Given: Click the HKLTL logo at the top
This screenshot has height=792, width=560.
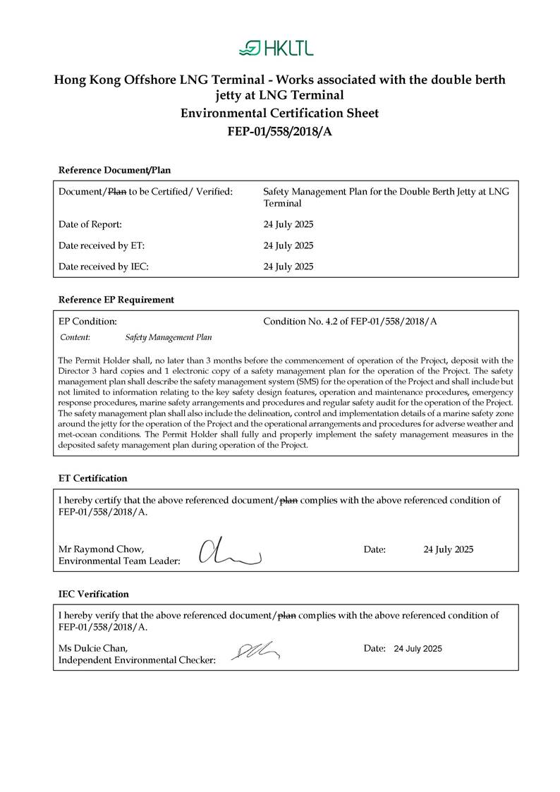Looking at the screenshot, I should (x=276, y=48).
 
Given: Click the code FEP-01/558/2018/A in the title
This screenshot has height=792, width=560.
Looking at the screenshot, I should (x=279, y=131).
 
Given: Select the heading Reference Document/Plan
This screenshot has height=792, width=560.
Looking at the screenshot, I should (x=114, y=170).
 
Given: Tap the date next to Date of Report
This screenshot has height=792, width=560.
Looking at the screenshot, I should (x=288, y=224).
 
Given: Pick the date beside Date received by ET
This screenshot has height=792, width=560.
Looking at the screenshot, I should (x=288, y=245).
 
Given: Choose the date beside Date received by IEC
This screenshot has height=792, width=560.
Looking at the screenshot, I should (x=288, y=267).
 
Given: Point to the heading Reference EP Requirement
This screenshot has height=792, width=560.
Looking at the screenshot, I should (x=116, y=300).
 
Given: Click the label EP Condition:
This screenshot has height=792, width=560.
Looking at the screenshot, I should (x=87, y=322).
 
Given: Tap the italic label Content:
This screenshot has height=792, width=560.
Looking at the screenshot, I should (x=75, y=338).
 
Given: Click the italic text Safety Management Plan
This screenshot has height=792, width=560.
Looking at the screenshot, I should (x=169, y=338).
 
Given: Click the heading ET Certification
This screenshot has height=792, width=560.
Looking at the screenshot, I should (x=92, y=478).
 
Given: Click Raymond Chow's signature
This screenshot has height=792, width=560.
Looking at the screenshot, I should (x=229, y=552).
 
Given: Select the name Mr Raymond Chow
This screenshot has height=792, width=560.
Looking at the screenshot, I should (x=102, y=549).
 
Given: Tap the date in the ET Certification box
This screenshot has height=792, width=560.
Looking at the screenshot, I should (x=449, y=549).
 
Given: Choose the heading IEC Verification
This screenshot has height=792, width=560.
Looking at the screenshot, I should (x=93, y=594).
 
